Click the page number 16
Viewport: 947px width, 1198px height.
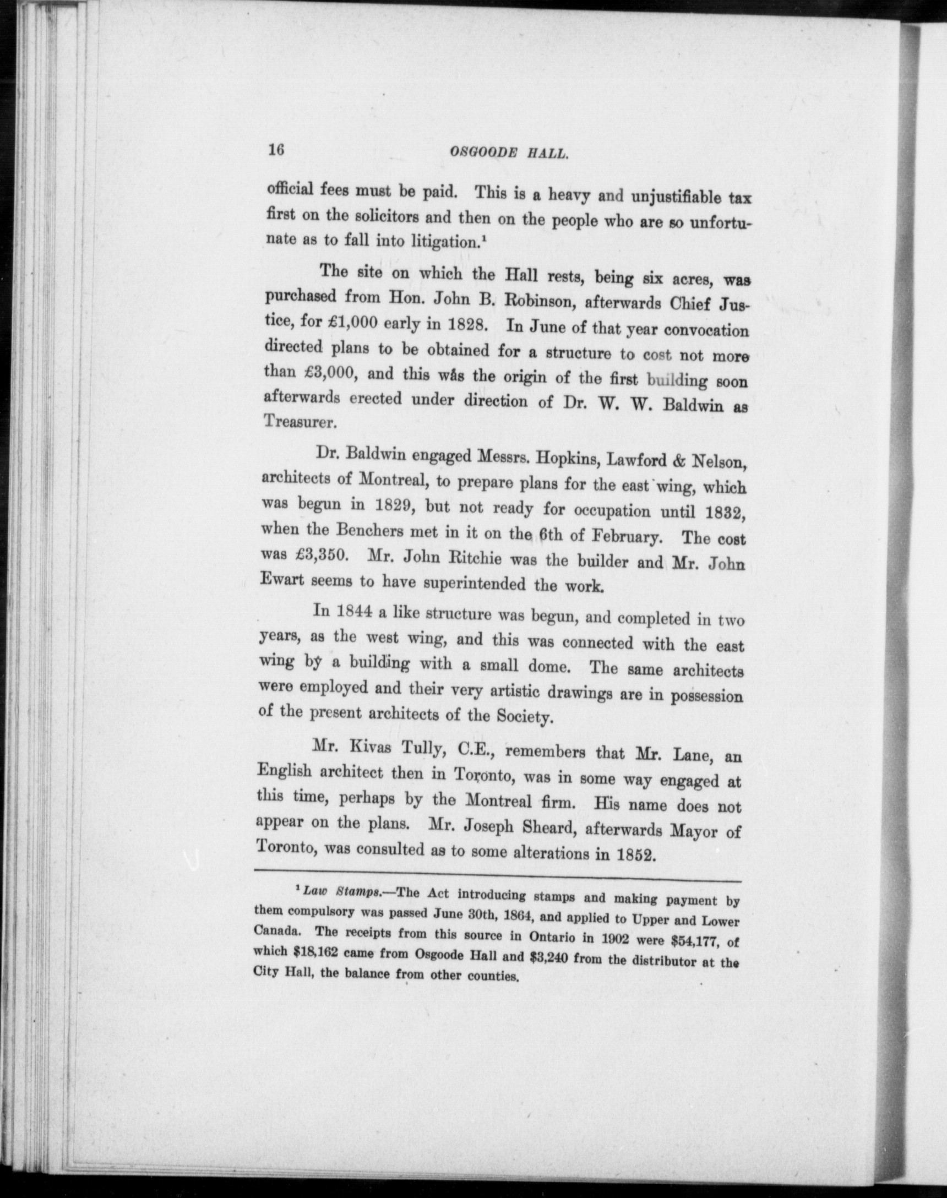pos(275,150)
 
